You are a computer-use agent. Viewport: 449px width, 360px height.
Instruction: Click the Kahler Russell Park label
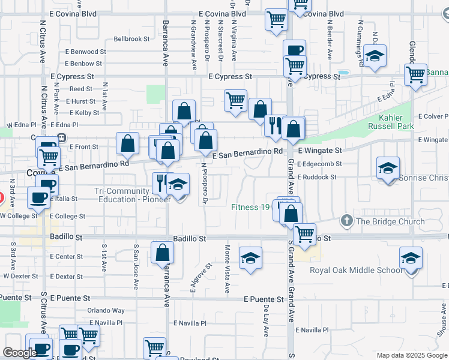point(397,122)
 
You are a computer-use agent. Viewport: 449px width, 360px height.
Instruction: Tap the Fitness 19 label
point(252,208)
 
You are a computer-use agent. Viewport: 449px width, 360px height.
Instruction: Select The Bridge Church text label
point(390,221)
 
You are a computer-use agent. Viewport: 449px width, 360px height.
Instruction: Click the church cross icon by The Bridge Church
point(346,221)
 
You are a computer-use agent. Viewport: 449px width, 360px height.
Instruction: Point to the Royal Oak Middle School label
point(357,270)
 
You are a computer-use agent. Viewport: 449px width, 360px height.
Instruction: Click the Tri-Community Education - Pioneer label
point(133,195)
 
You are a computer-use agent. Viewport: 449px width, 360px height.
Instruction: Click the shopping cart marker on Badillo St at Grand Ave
point(304,233)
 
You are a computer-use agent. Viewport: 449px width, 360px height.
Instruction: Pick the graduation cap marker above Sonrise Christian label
point(388,168)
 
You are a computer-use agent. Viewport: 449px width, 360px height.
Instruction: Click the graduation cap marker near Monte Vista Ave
point(250,258)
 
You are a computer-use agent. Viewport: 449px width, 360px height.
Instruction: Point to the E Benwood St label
point(85,52)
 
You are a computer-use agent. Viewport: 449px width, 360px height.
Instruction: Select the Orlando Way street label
point(106,311)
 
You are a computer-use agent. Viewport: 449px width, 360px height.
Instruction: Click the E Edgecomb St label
point(319,164)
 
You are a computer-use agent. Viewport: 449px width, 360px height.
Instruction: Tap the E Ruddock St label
point(316,178)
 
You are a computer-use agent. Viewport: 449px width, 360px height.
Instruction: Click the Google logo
point(20,353)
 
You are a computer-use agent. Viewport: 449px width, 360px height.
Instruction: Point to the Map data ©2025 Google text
point(411,355)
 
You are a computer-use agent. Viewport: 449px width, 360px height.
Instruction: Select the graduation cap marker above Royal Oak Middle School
point(411,258)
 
